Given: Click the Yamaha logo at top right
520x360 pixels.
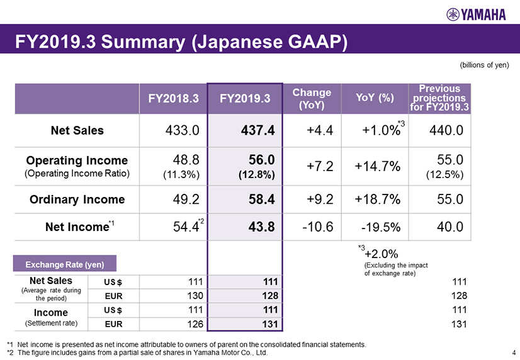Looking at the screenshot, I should (x=478, y=14).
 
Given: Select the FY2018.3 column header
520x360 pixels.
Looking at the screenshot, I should (x=173, y=98).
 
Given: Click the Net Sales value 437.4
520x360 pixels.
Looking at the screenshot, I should (x=257, y=131).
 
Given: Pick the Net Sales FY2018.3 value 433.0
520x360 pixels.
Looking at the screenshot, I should (x=181, y=131).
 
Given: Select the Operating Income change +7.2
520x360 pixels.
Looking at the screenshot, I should (x=320, y=166).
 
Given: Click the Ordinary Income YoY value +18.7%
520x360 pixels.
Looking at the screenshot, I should (x=378, y=200).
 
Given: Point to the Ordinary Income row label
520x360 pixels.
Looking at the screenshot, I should (x=77, y=200).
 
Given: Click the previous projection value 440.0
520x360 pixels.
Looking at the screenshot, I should (x=448, y=131).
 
